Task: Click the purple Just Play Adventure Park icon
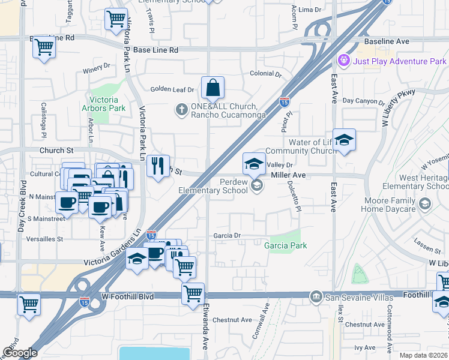click(344, 61)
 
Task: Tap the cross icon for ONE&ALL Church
click(181, 109)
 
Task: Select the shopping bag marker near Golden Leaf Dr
click(212, 88)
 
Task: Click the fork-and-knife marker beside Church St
click(158, 165)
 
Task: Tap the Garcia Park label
click(286, 245)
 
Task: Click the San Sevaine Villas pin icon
click(316, 297)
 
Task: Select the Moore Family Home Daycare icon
click(425, 205)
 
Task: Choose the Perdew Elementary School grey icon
click(257, 185)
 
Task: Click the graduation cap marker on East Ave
click(344, 140)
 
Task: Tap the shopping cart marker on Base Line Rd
click(44, 46)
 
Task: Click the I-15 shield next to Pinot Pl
click(285, 101)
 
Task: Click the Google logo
click(20, 353)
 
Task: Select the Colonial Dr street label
click(265, 74)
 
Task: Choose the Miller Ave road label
click(288, 175)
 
